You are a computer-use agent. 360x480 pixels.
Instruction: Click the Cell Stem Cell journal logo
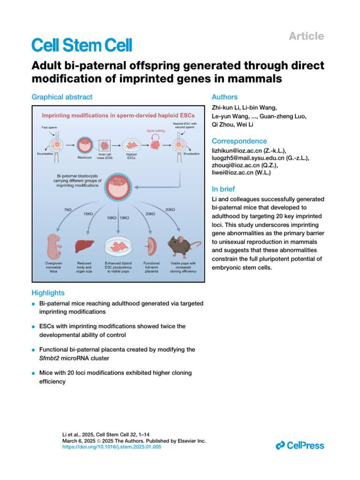coord(82,45)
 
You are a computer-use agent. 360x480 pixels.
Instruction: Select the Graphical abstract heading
coord(62,97)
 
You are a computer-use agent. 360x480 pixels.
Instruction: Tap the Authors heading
coord(225,97)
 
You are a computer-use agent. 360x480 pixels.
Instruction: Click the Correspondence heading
coord(239,141)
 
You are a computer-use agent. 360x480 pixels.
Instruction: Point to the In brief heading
coord(223,189)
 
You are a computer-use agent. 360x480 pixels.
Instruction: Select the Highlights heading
coord(48,293)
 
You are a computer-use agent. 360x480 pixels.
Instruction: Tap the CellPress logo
coord(300,445)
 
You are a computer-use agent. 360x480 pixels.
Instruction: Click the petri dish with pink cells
coord(118,246)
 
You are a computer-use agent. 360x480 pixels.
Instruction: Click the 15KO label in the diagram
coord(88,214)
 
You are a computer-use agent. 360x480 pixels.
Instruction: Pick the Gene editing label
coord(156,132)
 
